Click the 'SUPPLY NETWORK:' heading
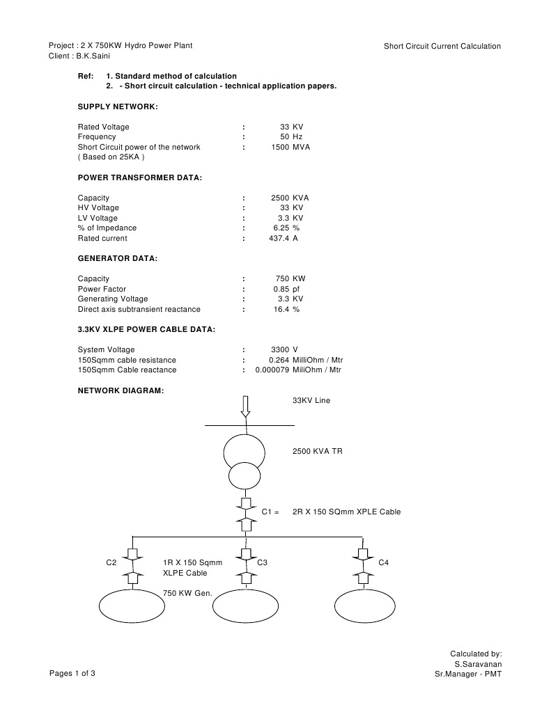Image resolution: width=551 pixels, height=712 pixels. coord(118,106)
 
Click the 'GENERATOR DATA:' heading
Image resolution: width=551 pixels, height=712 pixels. coord(117,258)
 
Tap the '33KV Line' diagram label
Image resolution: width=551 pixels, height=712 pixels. coord(311,401)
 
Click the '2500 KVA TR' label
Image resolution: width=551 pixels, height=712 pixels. coord(317,451)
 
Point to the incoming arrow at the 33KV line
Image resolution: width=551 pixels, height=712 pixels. coord(245,406)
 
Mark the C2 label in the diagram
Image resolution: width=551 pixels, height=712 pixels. coord(111,562)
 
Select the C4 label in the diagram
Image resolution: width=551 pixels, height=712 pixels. coord(383,562)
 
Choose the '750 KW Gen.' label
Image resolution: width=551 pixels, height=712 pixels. coord(187,593)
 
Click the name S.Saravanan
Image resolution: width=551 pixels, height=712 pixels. coord(478,664)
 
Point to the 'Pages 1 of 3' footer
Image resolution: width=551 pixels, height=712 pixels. coord(72,673)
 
